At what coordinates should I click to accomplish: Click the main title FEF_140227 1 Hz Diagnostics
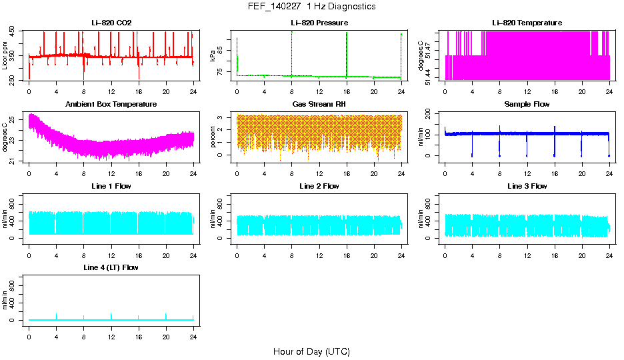[311, 7]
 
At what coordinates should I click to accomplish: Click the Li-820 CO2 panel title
[111, 23]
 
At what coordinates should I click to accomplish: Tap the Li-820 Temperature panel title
[527, 23]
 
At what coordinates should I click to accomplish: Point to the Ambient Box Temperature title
[111, 104]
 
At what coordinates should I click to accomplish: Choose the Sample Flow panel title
[527, 104]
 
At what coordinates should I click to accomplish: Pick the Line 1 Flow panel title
[111, 186]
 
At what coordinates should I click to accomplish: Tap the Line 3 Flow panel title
[527, 186]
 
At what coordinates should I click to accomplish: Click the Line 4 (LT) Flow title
[111, 267]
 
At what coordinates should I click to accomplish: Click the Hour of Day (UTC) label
[311, 351]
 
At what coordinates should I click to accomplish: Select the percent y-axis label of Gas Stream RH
[213, 137]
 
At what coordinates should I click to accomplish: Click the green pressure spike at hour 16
[347, 53]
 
